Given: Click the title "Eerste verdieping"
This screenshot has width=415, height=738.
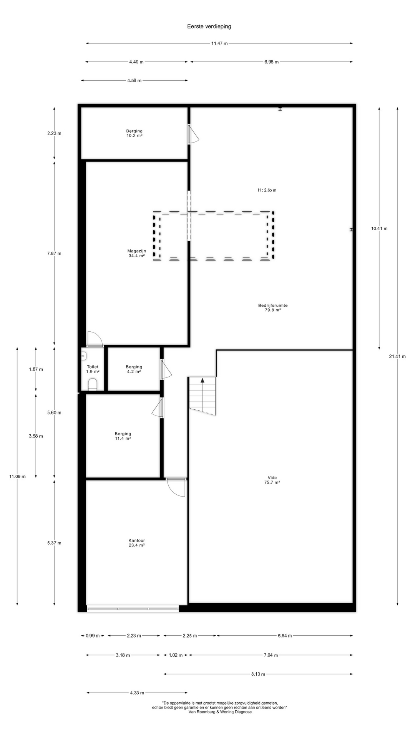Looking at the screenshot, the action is [x=209, y=27].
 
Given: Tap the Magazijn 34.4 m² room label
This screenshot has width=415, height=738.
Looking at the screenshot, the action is [x=137, y=253].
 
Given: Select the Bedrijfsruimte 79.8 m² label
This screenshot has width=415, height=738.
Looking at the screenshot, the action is [x=273, y=307].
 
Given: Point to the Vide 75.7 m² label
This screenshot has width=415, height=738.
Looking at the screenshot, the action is [x=272, y=480].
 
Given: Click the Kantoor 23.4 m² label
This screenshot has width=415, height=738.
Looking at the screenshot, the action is [x=137, y=543].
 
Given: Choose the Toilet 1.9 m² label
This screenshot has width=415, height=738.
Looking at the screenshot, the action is [x=93, y=369].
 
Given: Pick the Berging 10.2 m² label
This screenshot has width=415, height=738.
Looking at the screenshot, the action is [x=134, y=133].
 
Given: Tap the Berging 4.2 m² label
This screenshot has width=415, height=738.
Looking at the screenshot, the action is [x=134, y=369].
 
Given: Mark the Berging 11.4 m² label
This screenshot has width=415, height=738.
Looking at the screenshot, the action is [x=123, y=436].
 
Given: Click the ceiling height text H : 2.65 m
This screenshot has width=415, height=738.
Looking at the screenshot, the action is [x=267, y=190].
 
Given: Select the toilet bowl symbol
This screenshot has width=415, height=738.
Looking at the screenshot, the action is [x=93, y=384].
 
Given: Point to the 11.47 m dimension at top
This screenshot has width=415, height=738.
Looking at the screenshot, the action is [x=219, y=43].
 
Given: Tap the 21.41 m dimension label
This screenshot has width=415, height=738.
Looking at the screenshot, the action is [x=397, y=356].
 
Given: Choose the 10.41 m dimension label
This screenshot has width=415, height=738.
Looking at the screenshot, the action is [x=379, y=228].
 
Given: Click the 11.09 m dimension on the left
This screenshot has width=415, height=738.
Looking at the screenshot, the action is [x=18, y=477].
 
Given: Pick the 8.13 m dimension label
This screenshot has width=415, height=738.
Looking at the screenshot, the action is [x=258, y=674].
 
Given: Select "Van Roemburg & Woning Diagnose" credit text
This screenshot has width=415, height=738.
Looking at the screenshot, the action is [x=220, y=712].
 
